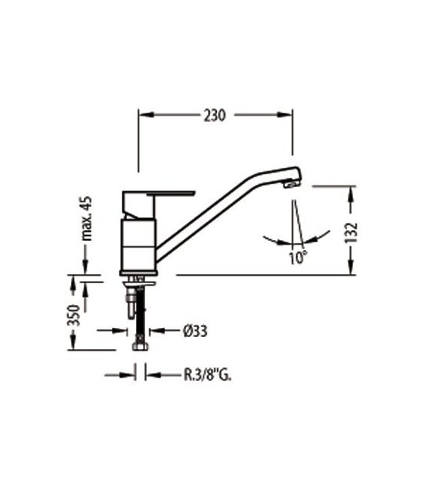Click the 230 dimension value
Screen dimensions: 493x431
point(215,115)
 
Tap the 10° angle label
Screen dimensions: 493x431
point(298,257)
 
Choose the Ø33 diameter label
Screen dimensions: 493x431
point(196,330)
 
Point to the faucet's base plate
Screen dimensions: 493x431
point(139,272)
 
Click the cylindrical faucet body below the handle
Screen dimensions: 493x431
point(138,242)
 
